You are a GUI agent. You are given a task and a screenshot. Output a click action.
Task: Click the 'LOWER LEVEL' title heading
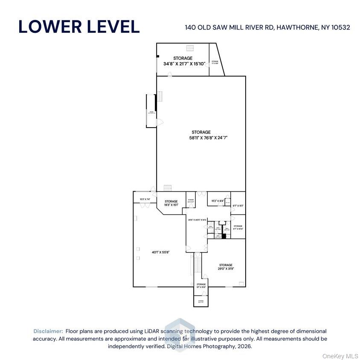[x=79, y=26]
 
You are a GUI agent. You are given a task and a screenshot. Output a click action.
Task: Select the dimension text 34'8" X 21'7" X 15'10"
[x=184, y=64]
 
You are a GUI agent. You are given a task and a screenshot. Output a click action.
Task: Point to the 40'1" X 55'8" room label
[x=161, y=252]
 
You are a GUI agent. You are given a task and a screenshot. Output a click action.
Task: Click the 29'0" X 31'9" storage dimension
[x=226, y=269]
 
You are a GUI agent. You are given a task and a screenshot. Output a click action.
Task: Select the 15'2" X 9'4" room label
[x=215, y=201]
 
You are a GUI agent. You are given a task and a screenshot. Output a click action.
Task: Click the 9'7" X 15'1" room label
[x=238, y=206]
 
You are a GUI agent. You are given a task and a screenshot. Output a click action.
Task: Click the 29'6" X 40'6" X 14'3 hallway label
[x=197, y=220]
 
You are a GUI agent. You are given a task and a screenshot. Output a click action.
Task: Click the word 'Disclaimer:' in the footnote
[x=48, y=331]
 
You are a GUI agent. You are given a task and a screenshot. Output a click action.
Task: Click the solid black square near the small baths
[x=224, y=236]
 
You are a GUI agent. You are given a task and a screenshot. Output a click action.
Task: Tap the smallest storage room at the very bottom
[x=201, y=301]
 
